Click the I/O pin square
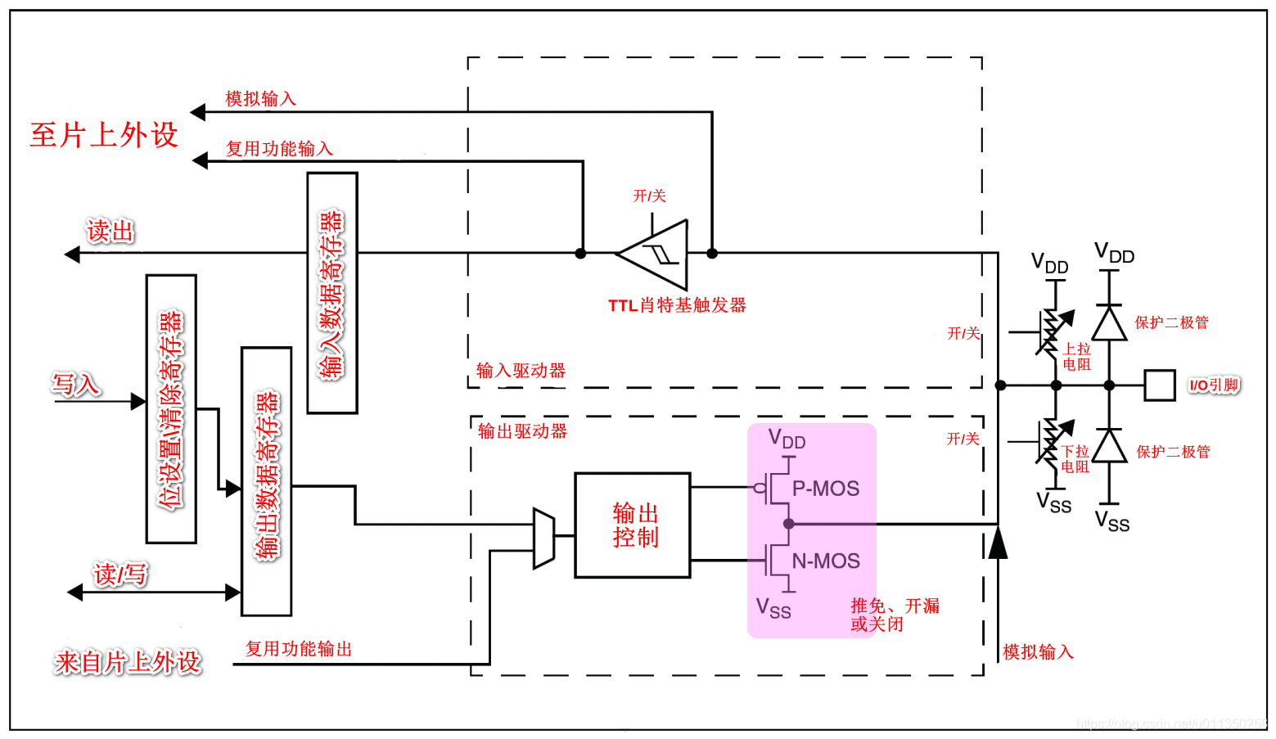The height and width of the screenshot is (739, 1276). tap(1160, 385)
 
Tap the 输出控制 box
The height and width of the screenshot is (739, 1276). tap(633, 525)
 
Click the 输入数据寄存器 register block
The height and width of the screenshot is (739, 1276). tap(332, 293)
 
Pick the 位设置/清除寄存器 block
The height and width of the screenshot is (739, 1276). tap(171, 409)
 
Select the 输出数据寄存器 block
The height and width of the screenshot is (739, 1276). tap(267, 481)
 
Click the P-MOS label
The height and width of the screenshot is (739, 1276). tap(825, 489)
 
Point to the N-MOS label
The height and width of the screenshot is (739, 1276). tap(826, 561)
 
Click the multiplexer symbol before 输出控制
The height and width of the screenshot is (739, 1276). tap(544, 538)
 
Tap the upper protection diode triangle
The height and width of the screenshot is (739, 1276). tap(1109, 323)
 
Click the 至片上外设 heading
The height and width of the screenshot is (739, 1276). tap(104, 135)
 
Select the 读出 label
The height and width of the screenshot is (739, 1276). tap(110, 231)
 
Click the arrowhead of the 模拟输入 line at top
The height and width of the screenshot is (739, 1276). tap(198, 112)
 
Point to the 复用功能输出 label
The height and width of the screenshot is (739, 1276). tap(299, 648)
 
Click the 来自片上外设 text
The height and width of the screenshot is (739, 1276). tap(128, 663)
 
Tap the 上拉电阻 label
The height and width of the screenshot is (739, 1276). tap(1076, 357)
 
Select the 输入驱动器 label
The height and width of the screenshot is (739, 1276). tap(521, 371)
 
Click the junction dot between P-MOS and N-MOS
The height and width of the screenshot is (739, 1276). tap(789, 524)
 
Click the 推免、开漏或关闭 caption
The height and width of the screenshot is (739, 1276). tap(895, 615)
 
